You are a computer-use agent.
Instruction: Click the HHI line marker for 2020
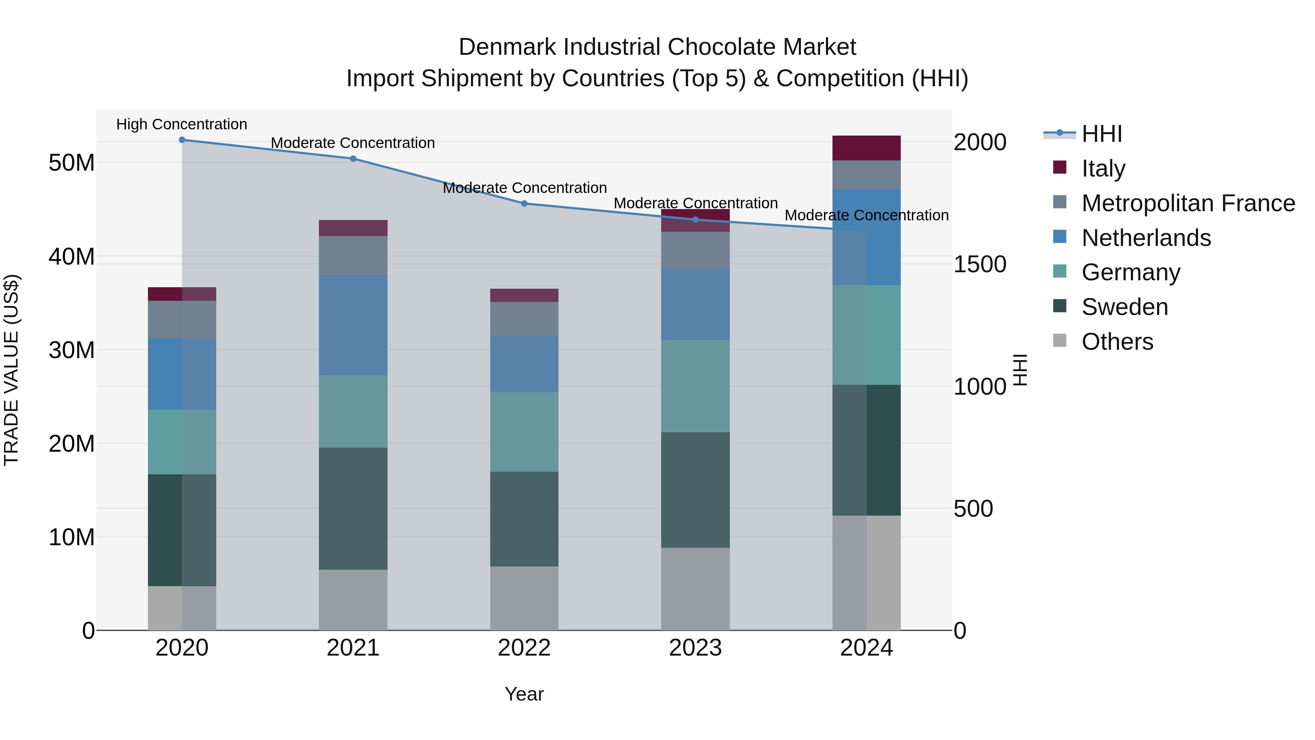182,140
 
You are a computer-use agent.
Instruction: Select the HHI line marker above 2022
524,204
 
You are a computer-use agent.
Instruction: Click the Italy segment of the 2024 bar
866,148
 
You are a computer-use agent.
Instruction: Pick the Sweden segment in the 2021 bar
353,509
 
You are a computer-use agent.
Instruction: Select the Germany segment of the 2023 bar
695,386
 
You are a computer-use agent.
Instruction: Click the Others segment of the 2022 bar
524,598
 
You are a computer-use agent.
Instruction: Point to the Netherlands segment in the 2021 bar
353,325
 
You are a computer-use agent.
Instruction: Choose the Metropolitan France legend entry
1188,203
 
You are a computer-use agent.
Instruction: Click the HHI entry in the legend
1102,134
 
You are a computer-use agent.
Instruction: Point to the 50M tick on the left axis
72,163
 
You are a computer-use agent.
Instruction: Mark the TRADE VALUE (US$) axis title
11,370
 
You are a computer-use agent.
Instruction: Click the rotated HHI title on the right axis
1019,370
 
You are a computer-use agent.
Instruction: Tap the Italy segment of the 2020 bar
182,294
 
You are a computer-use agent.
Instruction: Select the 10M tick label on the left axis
72,537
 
